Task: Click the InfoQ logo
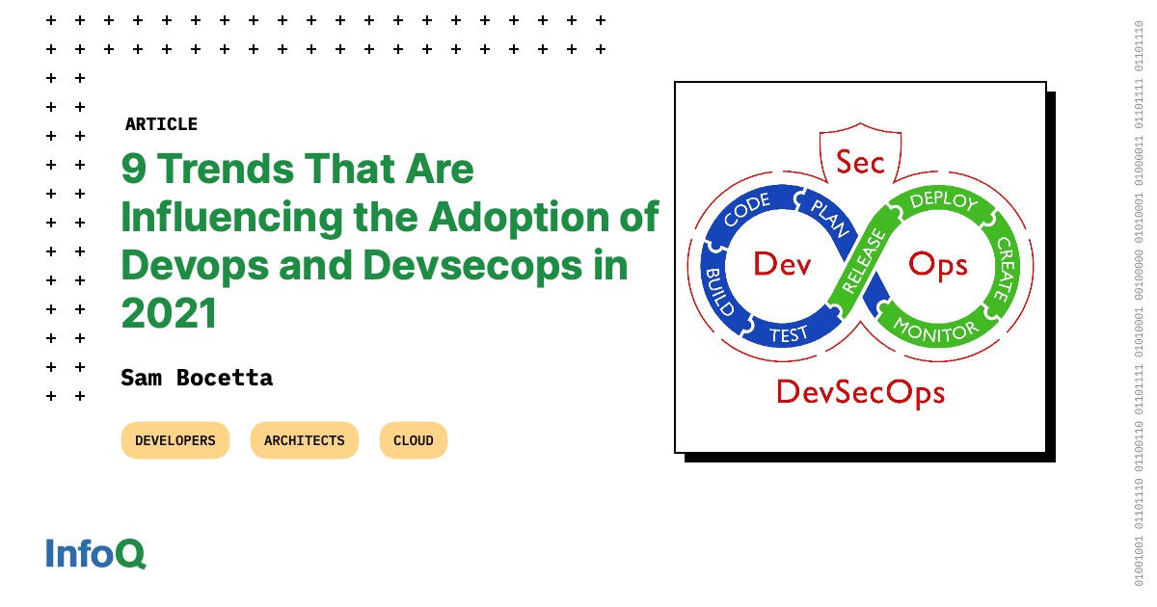point(95,554)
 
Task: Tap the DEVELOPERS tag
point(175,440)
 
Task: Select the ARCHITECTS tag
point(304,440)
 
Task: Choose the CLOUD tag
point(413,440)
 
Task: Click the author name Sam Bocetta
point(197,378)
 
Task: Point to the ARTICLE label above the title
point(161,124)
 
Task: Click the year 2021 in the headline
point(170,313)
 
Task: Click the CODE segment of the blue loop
point(746,209)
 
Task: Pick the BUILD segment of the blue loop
point(719,293)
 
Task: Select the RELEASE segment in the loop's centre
point(863,261)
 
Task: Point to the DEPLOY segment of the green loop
point(944,201)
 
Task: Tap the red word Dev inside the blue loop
point(782,263)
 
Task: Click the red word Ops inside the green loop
point(937,264)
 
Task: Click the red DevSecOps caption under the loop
point(860,391)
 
